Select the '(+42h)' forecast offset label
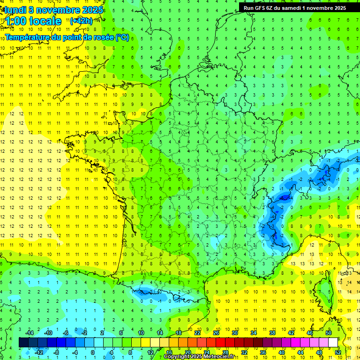[81, 21]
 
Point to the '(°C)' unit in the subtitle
[122, 37]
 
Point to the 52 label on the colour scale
[338, 352]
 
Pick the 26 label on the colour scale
[216, 333]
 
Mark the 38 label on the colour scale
[272, 333]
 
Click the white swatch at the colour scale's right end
[333, 343]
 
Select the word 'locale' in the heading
[45, 21]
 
